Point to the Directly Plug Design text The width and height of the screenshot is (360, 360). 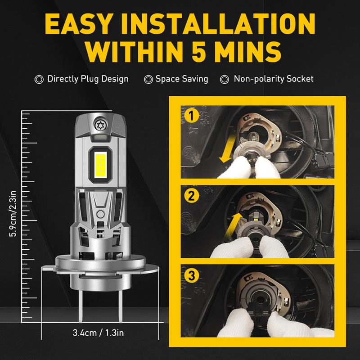[x=88, y=79]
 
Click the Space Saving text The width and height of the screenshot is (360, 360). [x=181, y=79]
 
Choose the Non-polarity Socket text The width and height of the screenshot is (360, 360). [x=274, y=79]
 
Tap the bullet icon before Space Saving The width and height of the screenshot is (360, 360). [x=148, y=79]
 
